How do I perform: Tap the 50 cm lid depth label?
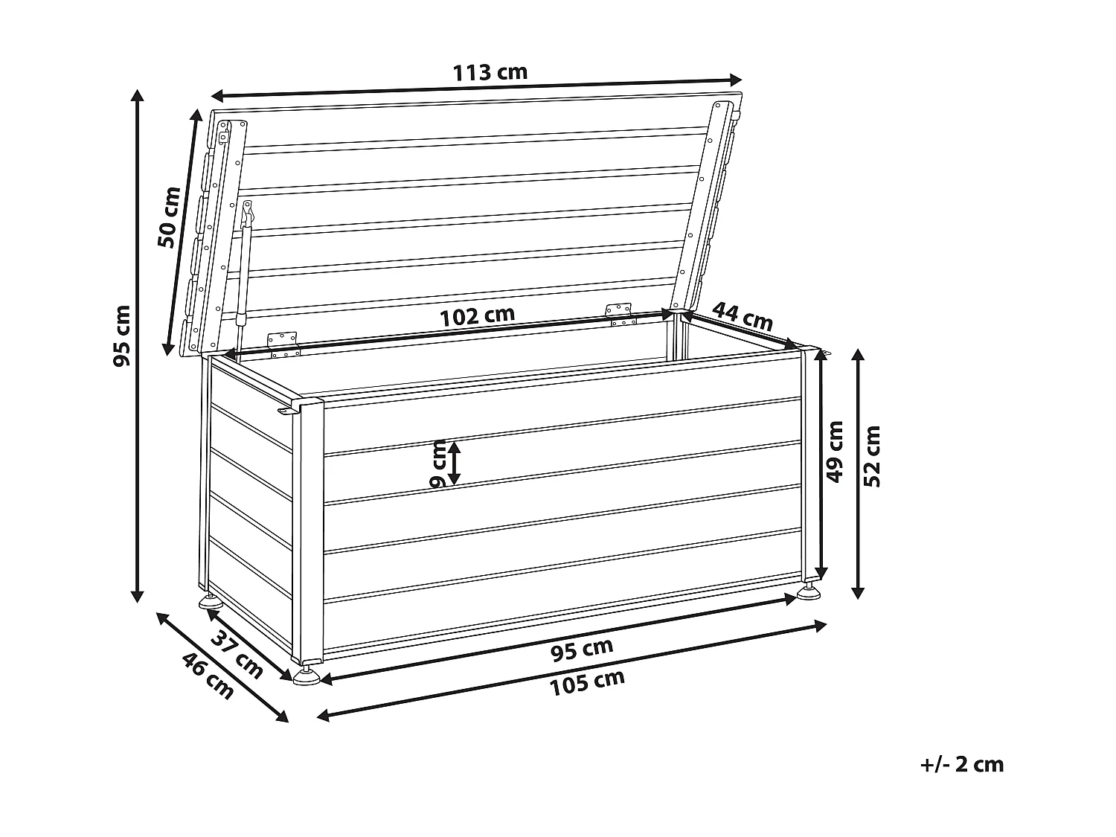click(170, 217)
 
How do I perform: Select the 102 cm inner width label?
click(477, 315)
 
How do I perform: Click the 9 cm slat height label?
click(439, 464)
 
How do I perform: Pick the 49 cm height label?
click(836, 451)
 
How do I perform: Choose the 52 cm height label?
click(873, 456)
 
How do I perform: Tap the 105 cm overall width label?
click(587, 682)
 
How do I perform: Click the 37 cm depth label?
click(237, 654)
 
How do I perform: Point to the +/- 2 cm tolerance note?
click(961, 763)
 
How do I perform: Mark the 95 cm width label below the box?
click(582, 650)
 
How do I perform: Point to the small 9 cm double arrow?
click(453, 462)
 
